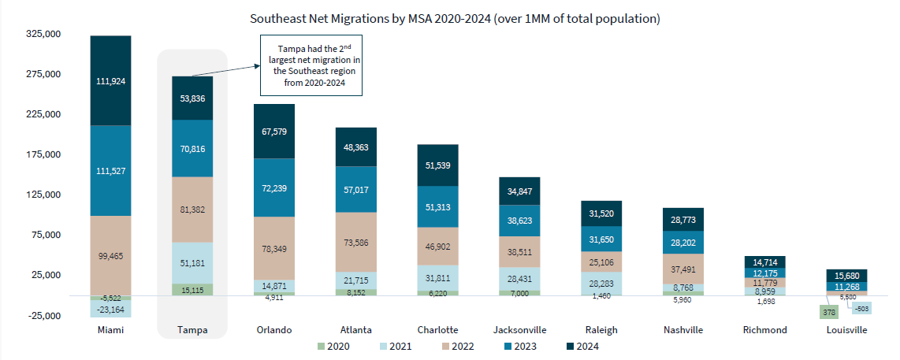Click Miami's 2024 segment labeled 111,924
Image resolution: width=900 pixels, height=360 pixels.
coord(110,80)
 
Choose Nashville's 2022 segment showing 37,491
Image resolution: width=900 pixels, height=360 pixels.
coord(682,268)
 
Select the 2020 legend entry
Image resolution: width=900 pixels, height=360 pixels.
coord(334,345)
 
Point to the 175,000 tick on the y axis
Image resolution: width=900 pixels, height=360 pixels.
coord(44,154)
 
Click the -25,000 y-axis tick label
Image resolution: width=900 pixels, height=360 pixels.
coord(44,316)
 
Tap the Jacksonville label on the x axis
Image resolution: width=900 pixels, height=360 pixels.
coord(519,330)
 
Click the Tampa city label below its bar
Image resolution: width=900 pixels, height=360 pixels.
coord(192,330)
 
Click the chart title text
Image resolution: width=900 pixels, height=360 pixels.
coord(455,17)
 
